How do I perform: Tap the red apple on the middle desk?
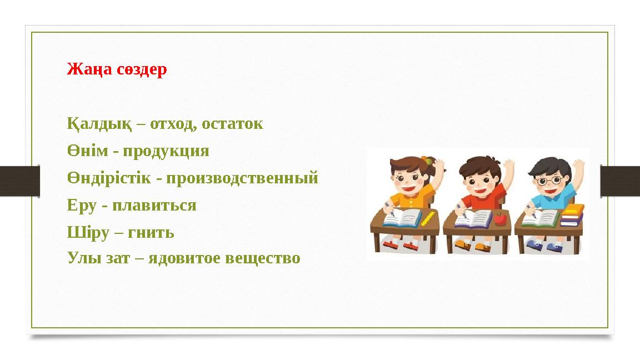pos(501,218)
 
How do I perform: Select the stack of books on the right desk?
pos(572,215)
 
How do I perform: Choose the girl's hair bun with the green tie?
pos(427,161)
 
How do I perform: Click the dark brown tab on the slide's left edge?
pos(19,181)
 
